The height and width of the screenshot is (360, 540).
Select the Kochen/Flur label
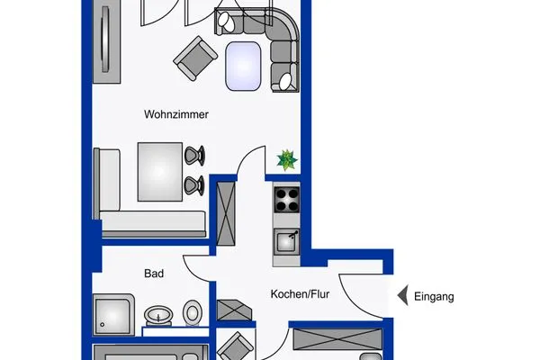299,294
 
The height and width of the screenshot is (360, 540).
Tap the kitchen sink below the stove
287,240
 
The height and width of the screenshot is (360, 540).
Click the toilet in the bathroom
192,313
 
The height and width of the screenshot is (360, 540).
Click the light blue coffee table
245,65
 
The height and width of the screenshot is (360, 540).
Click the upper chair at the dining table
193,156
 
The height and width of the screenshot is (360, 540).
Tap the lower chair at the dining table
193,185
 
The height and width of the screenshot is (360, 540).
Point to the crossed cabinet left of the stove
224,208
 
